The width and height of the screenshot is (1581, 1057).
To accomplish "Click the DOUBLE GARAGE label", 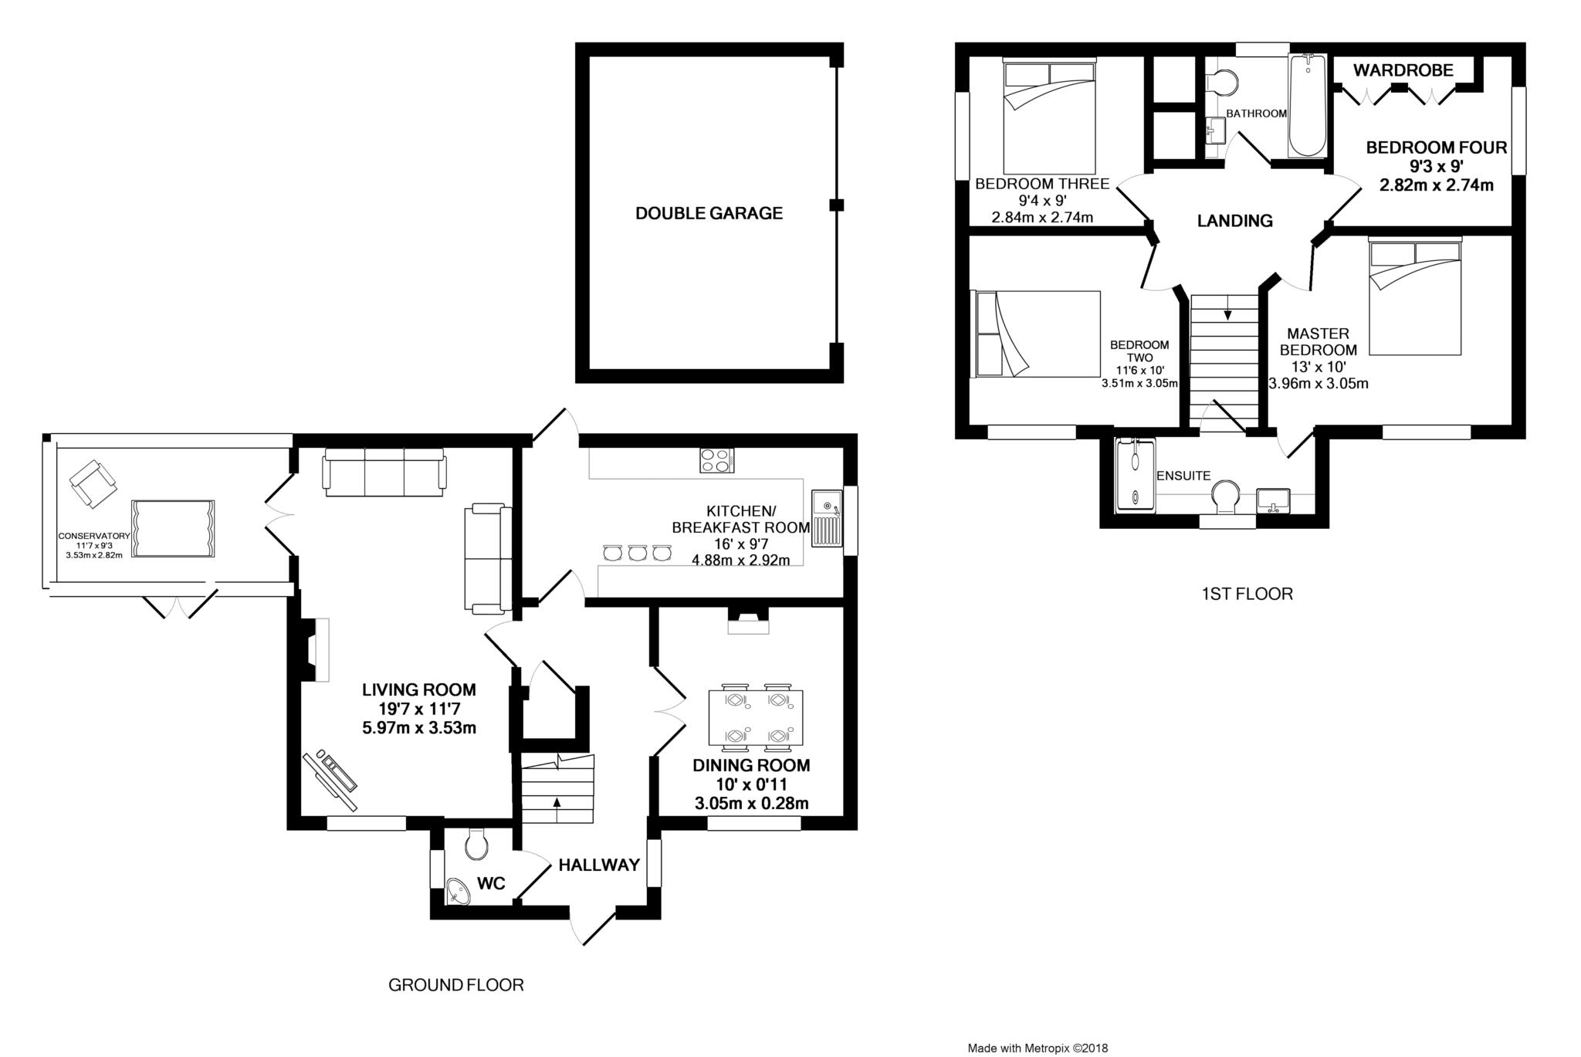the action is [709, 213].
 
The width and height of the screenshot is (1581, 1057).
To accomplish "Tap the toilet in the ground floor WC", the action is [477, 844].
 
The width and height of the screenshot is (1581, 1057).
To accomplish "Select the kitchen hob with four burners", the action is [716, 460].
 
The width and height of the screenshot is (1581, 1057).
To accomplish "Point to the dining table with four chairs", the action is [756, 717].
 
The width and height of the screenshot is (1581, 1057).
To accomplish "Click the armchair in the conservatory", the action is [94, 484].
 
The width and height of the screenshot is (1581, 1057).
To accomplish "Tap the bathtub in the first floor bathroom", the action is [1308, 106].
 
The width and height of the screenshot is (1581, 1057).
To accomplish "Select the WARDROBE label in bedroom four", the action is [1403, 70].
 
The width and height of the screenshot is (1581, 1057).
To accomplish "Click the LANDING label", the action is [1234, 221].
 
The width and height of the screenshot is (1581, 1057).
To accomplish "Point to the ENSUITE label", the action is [1183, 476].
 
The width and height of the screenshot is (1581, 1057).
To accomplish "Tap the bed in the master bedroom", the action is [1415, 296].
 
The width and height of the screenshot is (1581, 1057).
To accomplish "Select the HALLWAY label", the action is [600, 865].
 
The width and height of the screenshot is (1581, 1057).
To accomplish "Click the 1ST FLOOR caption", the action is [1247, 594].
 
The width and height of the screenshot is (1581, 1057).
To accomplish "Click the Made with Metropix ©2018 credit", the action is [1038, 1049].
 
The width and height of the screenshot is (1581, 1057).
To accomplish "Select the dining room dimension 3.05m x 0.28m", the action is [752, 804].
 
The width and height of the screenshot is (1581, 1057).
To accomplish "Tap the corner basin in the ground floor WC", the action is [459, 893].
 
